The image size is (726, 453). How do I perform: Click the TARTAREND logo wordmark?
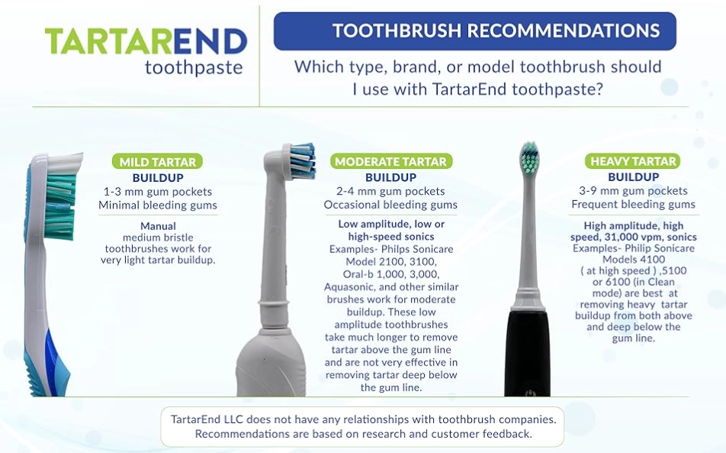click(146, 42)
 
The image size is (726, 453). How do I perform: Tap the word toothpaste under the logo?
click(194, 68)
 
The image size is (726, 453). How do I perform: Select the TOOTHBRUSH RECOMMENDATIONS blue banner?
click(474, 31)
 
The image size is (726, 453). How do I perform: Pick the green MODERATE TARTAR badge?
click(391, 162)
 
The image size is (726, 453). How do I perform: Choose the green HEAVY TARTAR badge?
click(633, 162)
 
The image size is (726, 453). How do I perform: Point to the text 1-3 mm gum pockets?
click(158, 191)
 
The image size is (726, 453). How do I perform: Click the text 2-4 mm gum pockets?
click(390, 191)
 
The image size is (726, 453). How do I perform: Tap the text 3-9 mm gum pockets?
click(633, 191)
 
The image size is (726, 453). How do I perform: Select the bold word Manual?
click(158, 226)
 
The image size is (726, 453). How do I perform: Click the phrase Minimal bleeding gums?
click(158, 205)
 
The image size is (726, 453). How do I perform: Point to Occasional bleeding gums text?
click(390, 205)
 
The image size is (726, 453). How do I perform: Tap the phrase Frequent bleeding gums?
click(633, 205)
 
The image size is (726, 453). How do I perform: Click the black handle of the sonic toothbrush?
click(527, 351)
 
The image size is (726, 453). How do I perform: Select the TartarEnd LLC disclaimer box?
click(362, 426)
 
